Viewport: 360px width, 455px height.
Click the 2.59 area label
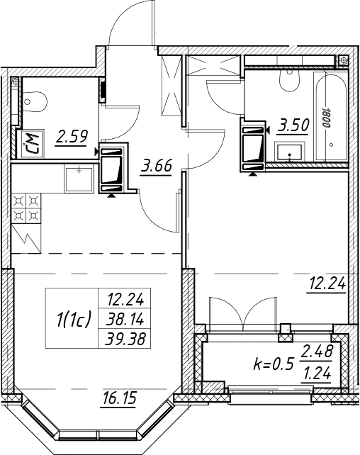click(x=72, y=137)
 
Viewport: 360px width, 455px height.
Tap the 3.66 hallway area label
click(x=157, y=166)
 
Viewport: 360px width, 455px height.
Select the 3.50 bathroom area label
click(x=293, y=125)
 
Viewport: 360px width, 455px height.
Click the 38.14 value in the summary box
click(x=125, y=320)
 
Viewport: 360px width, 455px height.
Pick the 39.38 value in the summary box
click(x=125, y=339)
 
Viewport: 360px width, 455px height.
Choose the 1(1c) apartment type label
click(x=74, y=319)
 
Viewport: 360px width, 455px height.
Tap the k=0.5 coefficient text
click(x=274, y=364)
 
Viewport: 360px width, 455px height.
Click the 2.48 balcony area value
click(x=317, y=352)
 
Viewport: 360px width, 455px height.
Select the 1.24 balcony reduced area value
click(x=317, y=374)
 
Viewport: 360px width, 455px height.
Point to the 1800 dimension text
click(x=326, y=116)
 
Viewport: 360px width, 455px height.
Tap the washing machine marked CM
click(x=30, y=144)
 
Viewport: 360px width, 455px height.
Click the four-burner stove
click(x=26, y=208)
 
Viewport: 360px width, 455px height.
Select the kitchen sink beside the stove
click(x=79, y=179)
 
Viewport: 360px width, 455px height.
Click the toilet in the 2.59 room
click(x=34, y=101)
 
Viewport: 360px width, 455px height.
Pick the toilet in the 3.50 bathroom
click(x=289, y=82)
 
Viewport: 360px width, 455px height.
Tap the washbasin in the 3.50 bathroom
click(x=290, y=152)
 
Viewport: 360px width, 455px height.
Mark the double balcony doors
click(x=242, y=313)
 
